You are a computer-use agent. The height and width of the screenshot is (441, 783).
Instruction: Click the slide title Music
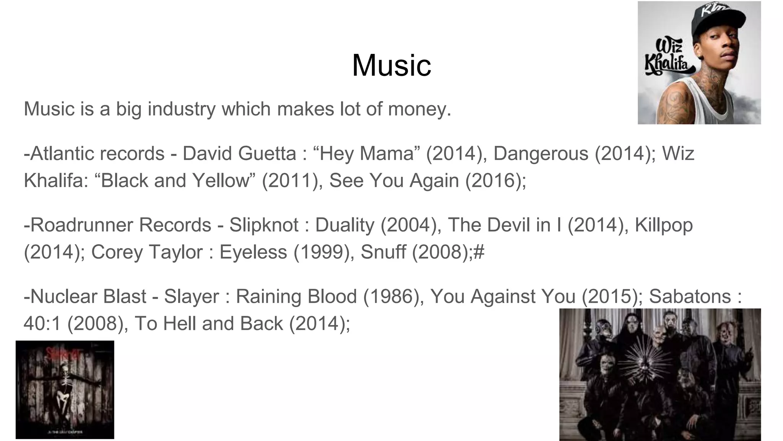391,65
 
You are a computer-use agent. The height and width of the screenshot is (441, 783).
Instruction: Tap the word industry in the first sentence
182,109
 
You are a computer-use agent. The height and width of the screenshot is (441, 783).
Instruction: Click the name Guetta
267,154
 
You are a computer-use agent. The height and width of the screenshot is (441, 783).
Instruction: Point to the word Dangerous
541,154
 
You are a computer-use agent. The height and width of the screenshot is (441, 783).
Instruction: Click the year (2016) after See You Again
495,181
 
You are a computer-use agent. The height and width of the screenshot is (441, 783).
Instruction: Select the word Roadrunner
81,225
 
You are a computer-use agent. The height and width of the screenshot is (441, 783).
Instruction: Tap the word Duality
344,225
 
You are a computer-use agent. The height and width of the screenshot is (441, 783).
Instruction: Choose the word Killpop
664,225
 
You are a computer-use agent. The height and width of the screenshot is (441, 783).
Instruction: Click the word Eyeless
253,252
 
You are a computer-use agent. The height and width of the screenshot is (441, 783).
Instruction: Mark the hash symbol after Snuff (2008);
479,252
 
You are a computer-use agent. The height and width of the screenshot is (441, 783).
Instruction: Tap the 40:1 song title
42,323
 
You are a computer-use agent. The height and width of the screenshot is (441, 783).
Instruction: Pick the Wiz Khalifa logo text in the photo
669,57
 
